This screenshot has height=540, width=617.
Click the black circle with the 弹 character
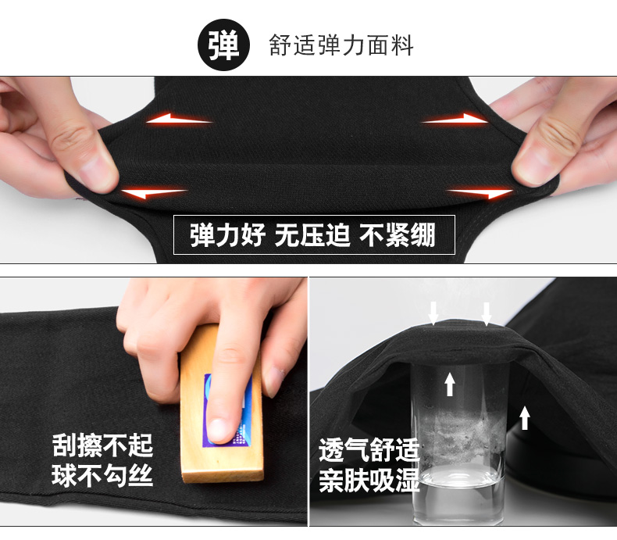pyautogui.click(x=223, y=45)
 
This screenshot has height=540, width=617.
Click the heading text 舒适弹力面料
pyautogui.click(x=341, y=45)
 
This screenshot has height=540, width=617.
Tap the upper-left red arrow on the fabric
pyautogui.click(x=179, y=119)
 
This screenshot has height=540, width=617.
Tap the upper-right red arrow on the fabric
pyautogui.click(x=455, y=119)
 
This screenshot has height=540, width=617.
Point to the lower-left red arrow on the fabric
pyautogui.click(x=154, y=193)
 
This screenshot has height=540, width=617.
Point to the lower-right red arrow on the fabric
pyautogui.click(x=480, y=193)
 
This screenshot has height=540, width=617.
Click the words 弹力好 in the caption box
pyautogui.click(x=228, y=235)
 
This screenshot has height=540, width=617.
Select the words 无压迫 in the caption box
pyautogui.click(x=312, y=235)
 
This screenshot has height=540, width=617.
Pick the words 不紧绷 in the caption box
pyautogui.click(x=397, y=235)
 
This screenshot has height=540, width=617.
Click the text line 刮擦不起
pyautogui.click(x=102, y=446)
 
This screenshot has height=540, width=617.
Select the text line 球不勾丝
pyautogui.click(x=102, y=475)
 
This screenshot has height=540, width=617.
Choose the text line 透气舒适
pyautogui.click(x=369, y=450)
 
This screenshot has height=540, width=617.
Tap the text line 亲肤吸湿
pyautogui.click(x=369, y=480)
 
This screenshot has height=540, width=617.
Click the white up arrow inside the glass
pyautogui.click(x=450, y=384)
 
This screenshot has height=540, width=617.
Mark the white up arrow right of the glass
pyautogui.click(x=525, y=417)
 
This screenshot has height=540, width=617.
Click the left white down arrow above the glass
pyautogui.click(x=433, y=313)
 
